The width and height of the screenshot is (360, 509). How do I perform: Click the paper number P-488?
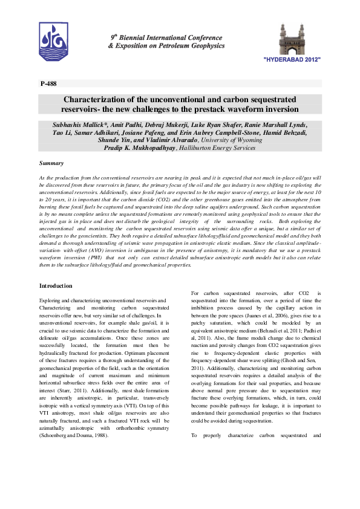tap(48, 83)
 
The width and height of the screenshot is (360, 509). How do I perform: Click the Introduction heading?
tap(56, 285)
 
